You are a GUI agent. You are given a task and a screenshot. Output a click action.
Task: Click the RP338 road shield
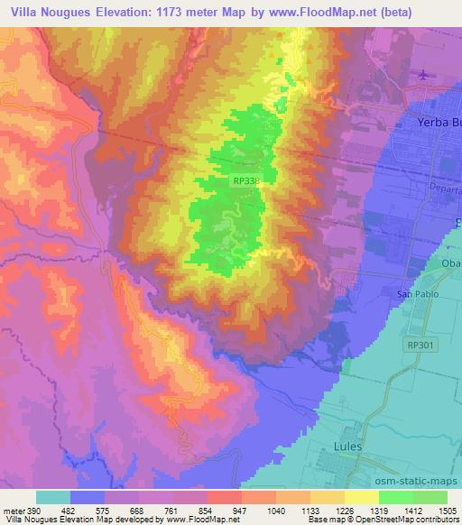pos(245,181)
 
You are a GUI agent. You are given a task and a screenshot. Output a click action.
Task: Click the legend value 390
pos(33,510)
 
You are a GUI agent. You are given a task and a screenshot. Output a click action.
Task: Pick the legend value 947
pos(240,510)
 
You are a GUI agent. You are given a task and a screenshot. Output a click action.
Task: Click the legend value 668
pos(137,510)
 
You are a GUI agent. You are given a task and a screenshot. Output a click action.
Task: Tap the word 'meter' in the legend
pos(14,510)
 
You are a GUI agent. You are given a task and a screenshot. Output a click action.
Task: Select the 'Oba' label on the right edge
pos(450,262)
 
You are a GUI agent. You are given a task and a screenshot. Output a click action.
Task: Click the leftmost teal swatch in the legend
pos(53,497)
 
